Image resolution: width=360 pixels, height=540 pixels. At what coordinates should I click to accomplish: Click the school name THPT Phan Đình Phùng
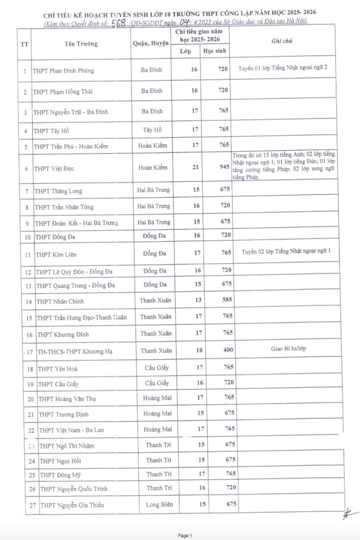tap(63, 71)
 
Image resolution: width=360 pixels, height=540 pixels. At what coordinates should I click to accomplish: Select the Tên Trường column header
tap(81, 44)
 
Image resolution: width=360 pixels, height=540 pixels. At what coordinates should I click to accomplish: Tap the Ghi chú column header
tap(282, 41)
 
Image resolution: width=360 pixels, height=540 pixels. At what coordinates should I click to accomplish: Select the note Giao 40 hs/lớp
tap(288, 349)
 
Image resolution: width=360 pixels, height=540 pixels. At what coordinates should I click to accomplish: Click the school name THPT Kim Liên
tap(56, 255)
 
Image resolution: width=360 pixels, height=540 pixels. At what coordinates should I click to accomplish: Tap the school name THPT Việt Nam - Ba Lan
tap(71, 430)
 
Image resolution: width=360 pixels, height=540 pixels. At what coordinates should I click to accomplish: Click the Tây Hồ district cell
tap(151, 130)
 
